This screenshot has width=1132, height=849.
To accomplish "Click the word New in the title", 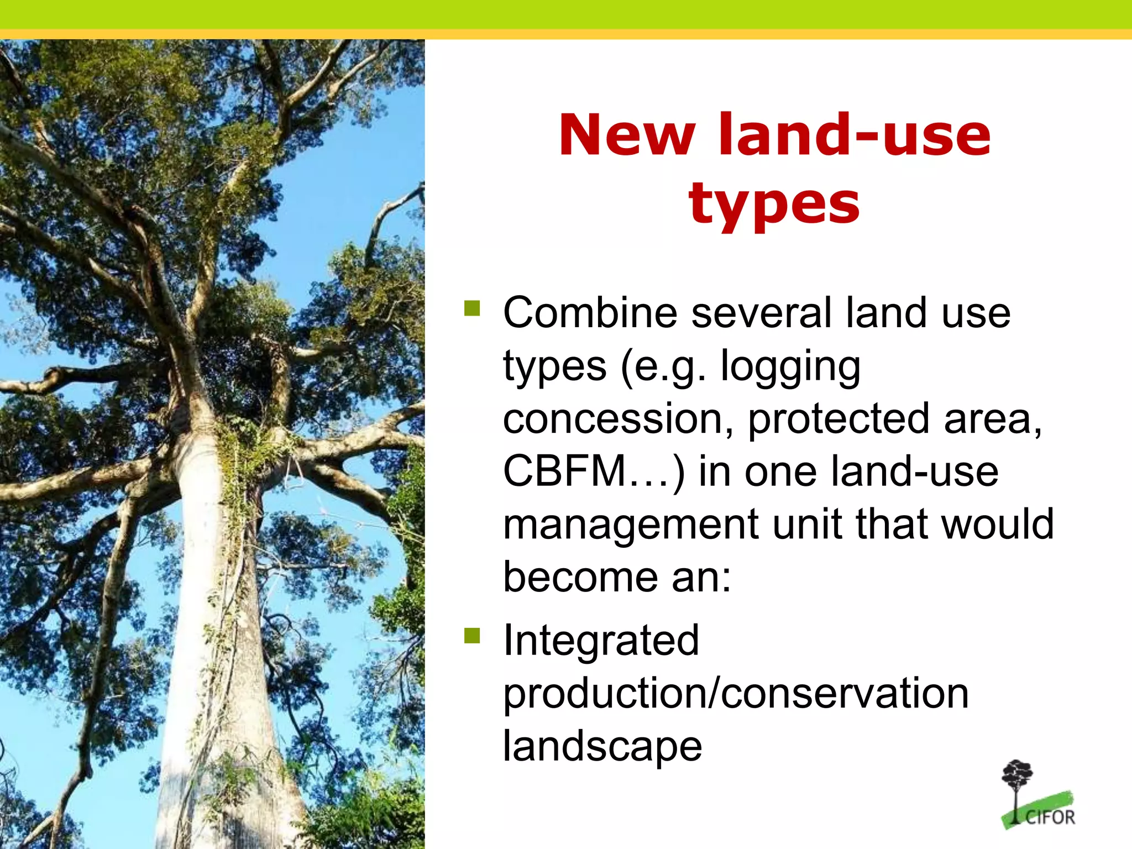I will [627, 135].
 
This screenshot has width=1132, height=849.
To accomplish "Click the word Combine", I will [590, 313].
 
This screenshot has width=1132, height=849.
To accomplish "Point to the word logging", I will [790, 367].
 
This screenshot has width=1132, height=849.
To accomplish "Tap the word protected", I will [838, 419].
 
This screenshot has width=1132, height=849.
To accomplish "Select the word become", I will [579, 577].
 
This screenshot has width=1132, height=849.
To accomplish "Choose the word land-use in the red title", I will [854, 135].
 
